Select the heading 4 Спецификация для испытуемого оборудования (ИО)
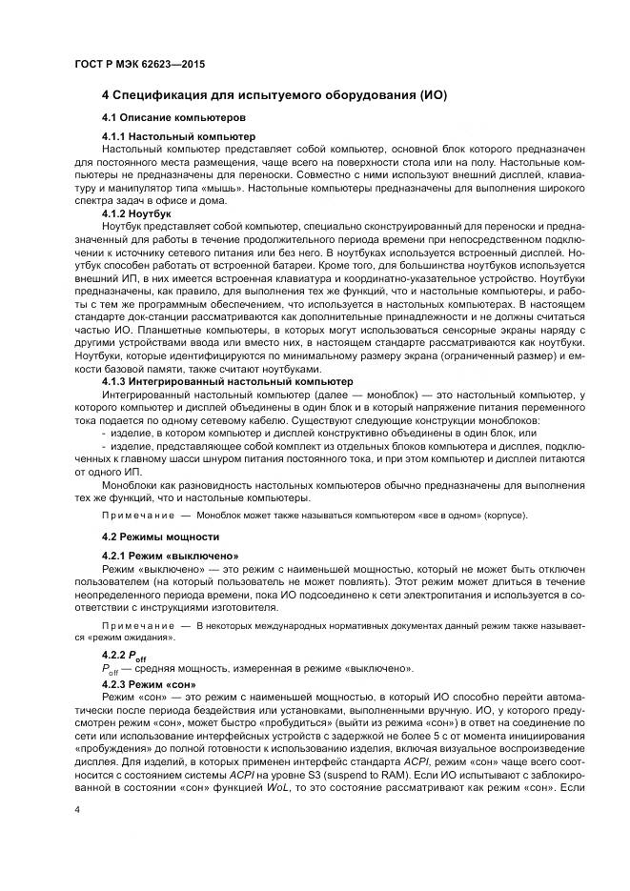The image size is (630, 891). (x=274, y=96)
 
